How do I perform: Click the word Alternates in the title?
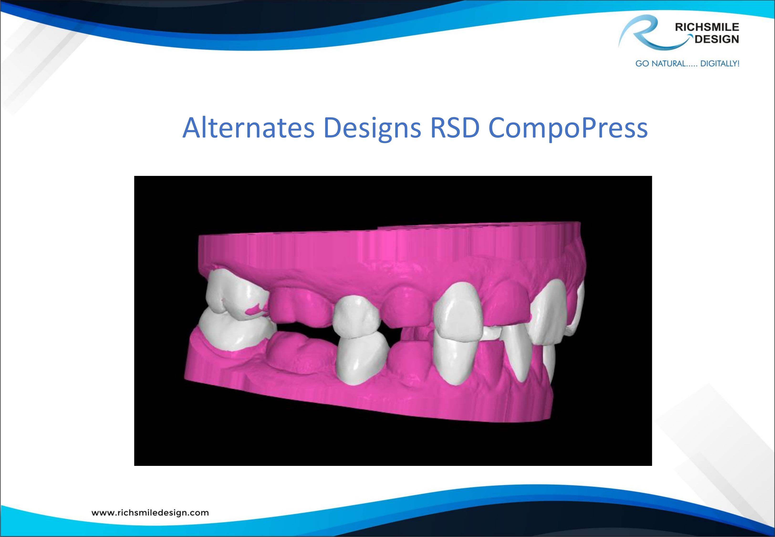(x=249, y=128)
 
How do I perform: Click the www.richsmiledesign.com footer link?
(x=150, y=513)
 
